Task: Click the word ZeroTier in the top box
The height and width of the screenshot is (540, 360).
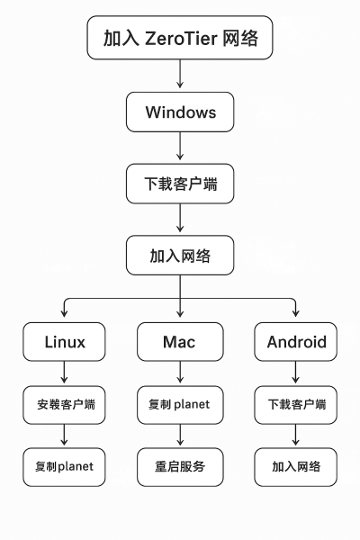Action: point(181,38)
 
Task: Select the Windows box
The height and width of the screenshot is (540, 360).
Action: point(180,112)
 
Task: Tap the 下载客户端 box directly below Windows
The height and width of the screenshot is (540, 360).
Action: point(180,184)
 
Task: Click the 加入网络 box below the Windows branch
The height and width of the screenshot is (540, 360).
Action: point(180,256)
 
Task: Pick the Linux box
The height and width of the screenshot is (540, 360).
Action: point(64,342)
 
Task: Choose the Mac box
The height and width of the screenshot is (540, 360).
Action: point(180,342)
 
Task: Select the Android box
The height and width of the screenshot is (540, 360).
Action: point(295,342)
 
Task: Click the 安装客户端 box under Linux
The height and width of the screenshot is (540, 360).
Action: point(64,405)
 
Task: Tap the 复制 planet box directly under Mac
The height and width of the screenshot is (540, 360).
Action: point(180,405)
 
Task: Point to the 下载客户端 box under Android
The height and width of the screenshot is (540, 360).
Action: point(295,405)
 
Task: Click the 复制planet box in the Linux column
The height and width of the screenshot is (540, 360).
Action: point(64,467)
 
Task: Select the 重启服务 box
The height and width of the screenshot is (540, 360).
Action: point(180,467)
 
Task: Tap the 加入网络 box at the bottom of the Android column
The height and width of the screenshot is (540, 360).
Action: point(295,467)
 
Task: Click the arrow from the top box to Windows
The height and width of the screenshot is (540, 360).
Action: point(180,74)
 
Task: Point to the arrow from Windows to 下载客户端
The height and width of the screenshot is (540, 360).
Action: point(180,146)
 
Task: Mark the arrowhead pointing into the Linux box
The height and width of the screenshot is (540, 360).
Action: point(64,313)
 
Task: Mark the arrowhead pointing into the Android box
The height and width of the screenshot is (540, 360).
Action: point(295,313)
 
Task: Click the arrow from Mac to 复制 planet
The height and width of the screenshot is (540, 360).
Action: point(180,372)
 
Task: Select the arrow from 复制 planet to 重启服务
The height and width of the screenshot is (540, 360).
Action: point(180,435)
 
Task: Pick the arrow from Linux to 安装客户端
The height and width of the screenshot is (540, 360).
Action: point(64,372)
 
